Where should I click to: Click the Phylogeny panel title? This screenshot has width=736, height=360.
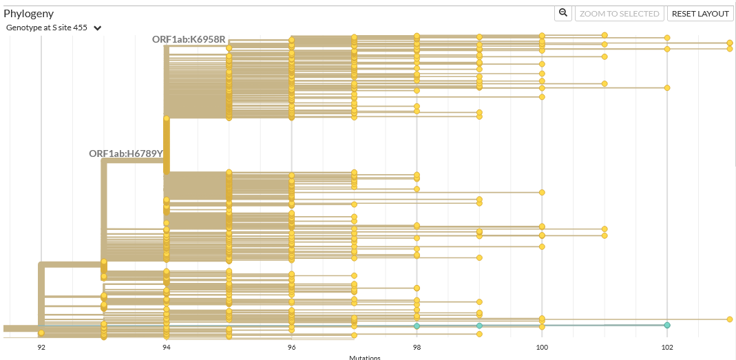click(28, 13)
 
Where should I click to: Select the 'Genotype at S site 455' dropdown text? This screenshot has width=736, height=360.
click(46, 28)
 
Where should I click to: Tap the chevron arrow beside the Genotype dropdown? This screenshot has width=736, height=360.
click(98, 28)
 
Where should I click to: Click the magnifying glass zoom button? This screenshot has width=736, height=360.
click(563, 13)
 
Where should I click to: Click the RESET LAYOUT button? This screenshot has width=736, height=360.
click(700, 14)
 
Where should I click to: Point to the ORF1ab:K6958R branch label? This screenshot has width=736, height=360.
click(189, 39)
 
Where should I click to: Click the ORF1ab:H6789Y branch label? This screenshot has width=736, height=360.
click(126, 153)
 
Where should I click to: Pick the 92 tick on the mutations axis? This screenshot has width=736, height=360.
click(41, 348)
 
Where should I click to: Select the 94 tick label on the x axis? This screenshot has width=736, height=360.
click(166, 348)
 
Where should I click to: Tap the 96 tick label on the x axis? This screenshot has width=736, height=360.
click(291, 348)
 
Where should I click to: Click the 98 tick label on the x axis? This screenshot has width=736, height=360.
click(417, 348)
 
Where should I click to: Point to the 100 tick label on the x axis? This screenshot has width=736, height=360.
click(542, 348)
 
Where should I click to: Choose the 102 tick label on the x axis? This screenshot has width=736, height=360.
click(666, 348)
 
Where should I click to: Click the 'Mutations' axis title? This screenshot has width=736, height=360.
click(364, 357)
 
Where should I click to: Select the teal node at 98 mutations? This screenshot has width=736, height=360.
click(417, 326)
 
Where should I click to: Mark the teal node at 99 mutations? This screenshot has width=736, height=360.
click(479, 326)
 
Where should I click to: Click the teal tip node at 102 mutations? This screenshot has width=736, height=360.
click(667, 325)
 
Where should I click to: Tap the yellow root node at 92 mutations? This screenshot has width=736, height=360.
click(41, 332)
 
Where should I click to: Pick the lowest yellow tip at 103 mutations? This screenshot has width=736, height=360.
click(729, 319)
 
